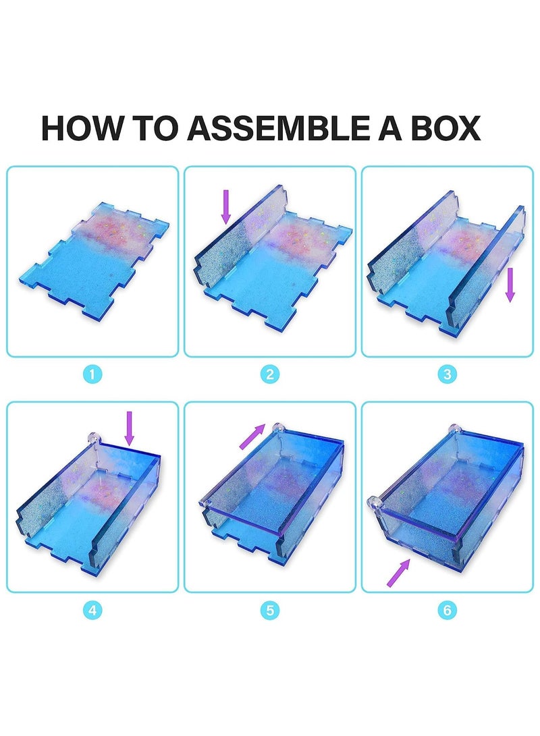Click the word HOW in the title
click(75, 128)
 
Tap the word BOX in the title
click(442, 128)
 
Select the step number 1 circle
click(92, 374)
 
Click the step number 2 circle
click(269, 374)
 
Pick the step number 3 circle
click(447, 374)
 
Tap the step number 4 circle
click(92, 611)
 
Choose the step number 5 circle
click(269, 611)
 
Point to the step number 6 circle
click(447, 611)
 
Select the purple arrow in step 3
click(510, 284)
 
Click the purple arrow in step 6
click(398, 572)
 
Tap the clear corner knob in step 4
click(94, 438)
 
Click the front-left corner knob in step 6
click(372, 503)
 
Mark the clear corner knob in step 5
click(277, 428)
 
